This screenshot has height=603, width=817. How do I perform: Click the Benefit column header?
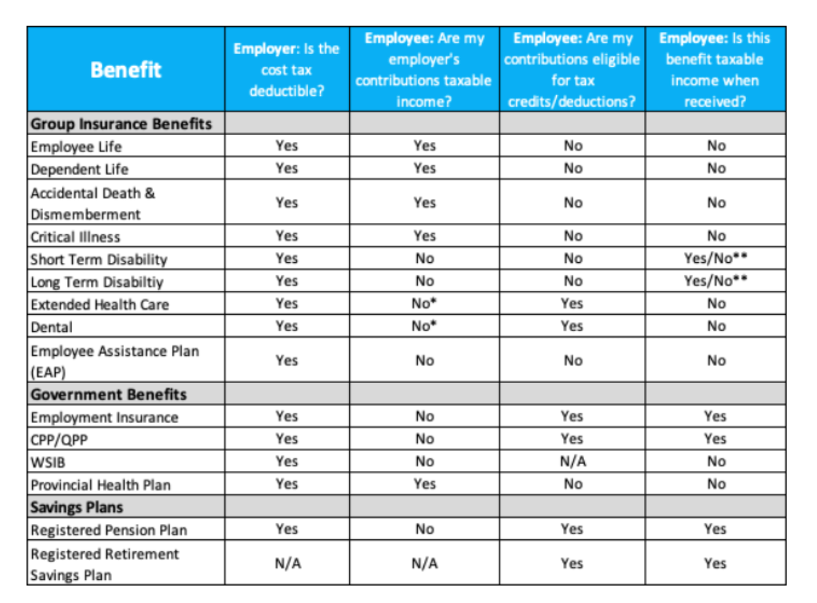[126, 70]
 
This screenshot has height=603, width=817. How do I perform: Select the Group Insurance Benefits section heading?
[121, 124]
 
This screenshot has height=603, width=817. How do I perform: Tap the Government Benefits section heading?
[109, 394]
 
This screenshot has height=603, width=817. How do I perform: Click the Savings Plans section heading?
[77, 507]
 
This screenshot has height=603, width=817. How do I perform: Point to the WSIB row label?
[48, 462]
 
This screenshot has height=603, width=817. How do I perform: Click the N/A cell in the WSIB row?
[572, 462]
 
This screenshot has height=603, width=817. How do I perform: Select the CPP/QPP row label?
[59, 440]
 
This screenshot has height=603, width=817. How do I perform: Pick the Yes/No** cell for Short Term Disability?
[715, 259]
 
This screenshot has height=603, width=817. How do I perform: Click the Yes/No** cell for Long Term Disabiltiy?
[715, 281]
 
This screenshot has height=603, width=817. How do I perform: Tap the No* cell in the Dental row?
[424, 326]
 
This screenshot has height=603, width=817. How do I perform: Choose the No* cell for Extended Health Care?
[424, 304]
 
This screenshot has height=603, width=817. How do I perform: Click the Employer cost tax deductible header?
[286, 70]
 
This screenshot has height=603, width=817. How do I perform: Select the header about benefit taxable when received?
[715, 70]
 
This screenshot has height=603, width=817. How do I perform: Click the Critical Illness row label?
[75, 237]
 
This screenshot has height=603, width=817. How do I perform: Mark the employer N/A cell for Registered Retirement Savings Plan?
[288, 563]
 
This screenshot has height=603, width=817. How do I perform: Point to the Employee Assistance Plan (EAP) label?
[115, 361]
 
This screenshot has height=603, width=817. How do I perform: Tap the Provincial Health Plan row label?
[101, 485]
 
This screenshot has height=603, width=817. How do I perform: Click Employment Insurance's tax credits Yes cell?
[572, 416]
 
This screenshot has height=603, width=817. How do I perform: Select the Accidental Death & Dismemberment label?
[93, 203]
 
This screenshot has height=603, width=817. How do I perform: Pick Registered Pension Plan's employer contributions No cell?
[425, 529]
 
